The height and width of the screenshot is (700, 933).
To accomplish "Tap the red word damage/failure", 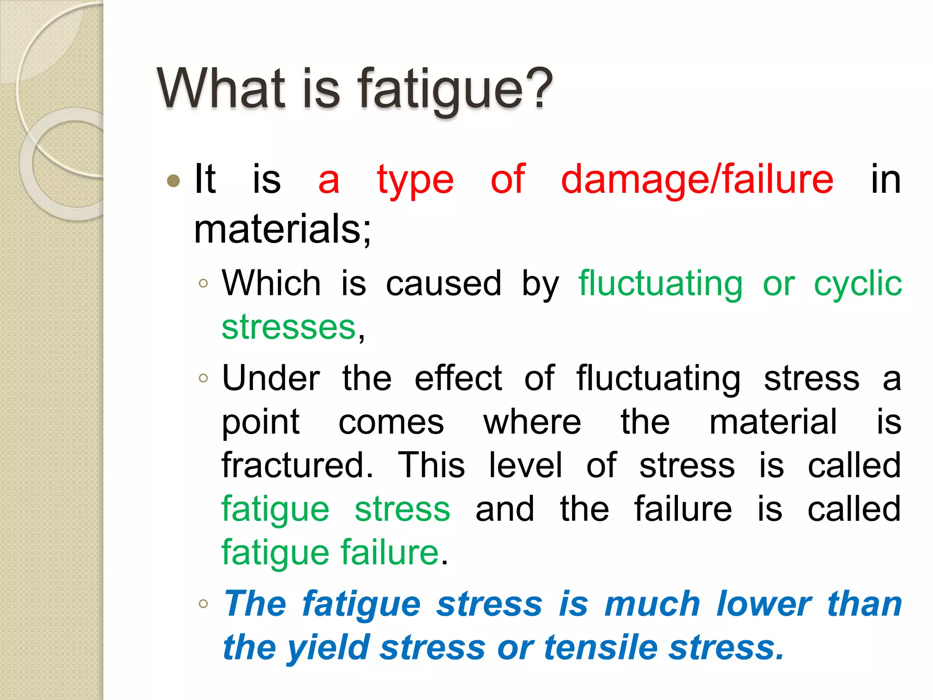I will (x=697, y=180).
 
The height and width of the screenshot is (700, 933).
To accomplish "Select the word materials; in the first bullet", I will (x=282, y=229).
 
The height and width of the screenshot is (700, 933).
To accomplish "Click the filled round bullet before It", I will (x=174, y=181).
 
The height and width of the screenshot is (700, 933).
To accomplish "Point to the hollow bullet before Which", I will (x=203, y=283).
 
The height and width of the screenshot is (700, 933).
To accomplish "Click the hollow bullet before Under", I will (x=203, y=378).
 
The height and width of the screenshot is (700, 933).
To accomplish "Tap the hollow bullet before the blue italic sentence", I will (x=203, y=604).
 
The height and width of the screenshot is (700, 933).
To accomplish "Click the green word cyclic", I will (x=857, y=283).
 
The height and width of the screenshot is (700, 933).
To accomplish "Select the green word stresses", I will (x=288, y=327).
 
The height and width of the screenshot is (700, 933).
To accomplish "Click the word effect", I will (x=458, y=378).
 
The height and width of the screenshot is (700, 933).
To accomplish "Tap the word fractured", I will (x=297, y=465).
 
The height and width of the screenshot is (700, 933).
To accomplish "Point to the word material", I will (x=773, y=422).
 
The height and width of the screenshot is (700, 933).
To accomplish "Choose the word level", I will (x=525, y=465).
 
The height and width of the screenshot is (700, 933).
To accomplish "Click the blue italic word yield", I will (x=328, y=648).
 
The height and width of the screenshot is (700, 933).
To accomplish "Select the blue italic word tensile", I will (x=600, y=648).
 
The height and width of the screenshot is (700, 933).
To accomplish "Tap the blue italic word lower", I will (x=764, y=604).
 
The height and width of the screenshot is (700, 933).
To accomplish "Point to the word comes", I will (x=391, y=422).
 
